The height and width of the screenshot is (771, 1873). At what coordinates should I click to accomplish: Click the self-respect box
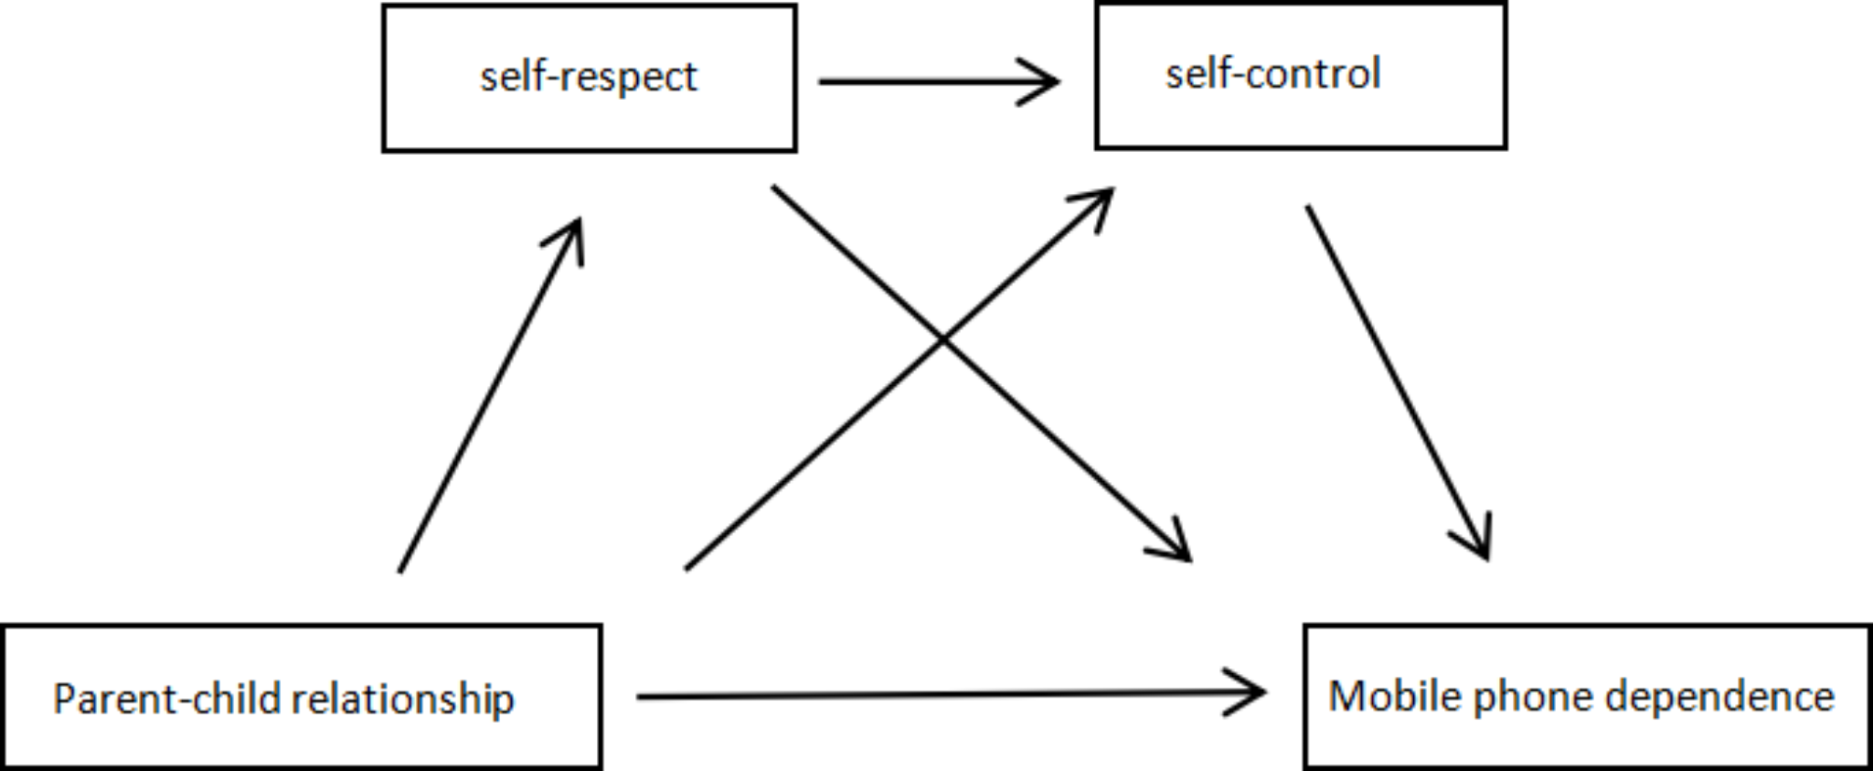589,78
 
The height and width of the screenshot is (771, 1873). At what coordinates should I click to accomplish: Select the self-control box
1300,76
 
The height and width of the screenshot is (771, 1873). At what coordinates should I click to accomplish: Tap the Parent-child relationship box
301,697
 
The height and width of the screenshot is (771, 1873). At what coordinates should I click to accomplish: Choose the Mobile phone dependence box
1587,697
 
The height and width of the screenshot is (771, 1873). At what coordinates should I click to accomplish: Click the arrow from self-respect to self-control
933,82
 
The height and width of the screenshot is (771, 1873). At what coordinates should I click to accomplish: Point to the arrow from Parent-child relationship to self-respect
485,401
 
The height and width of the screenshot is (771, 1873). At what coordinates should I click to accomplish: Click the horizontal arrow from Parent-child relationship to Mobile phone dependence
933,695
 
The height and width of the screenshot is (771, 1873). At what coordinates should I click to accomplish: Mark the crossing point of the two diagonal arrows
943,340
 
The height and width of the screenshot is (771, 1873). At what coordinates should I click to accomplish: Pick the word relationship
402,699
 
